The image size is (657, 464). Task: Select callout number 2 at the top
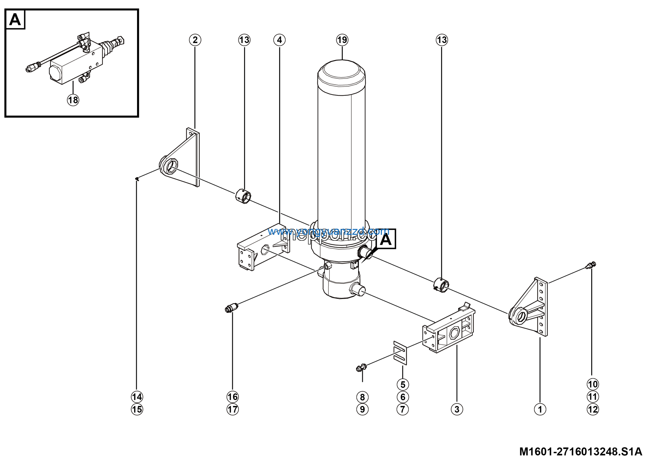(195, 40)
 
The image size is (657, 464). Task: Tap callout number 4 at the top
(279, 40)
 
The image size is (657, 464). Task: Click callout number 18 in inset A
(73, 100)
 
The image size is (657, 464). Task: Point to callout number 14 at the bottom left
(137, 397)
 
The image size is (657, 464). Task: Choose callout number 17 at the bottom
(232, 409)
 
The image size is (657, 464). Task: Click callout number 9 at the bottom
(362, 409)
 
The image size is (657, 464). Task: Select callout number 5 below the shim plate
(403, 384)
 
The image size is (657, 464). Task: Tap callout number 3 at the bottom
(457, 409)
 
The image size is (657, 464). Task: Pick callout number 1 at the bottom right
(540, 409)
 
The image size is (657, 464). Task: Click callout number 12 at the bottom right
(593, 409)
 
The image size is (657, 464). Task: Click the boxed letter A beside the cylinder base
(386, 239)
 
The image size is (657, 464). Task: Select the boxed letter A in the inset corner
(15, 20)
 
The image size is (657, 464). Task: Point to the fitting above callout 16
(231, 308)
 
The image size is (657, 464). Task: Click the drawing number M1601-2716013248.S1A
(581, 452)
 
